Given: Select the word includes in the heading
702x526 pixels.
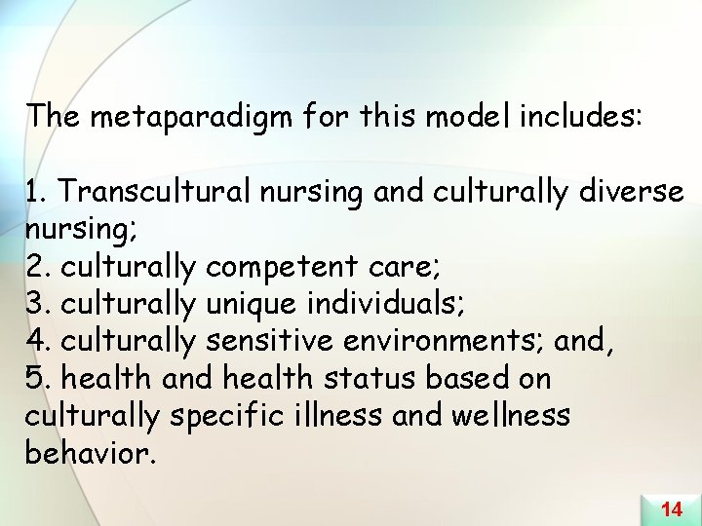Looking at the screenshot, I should [581, 118].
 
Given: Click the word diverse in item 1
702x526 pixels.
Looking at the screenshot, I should [630, 193].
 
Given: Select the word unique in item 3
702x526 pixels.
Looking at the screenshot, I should [251, 304].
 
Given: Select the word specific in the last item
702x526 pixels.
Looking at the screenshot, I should [227, 416].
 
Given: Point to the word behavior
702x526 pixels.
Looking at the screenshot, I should [88, 452].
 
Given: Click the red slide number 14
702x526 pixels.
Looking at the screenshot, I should [671, 508].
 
